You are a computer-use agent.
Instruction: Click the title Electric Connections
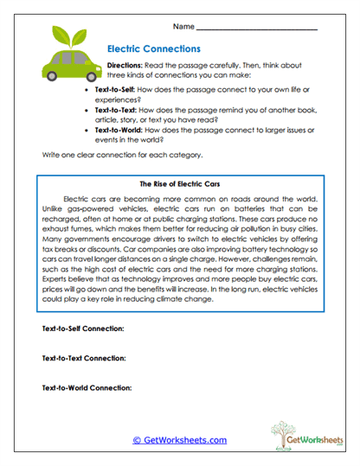[153, 50]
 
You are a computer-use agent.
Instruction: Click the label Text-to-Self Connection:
[83, 329]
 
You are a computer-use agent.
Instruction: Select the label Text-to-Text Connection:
[84, 358]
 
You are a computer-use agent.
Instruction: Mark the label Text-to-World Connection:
[87, 387]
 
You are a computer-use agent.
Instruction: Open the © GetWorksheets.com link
[179, 440]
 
